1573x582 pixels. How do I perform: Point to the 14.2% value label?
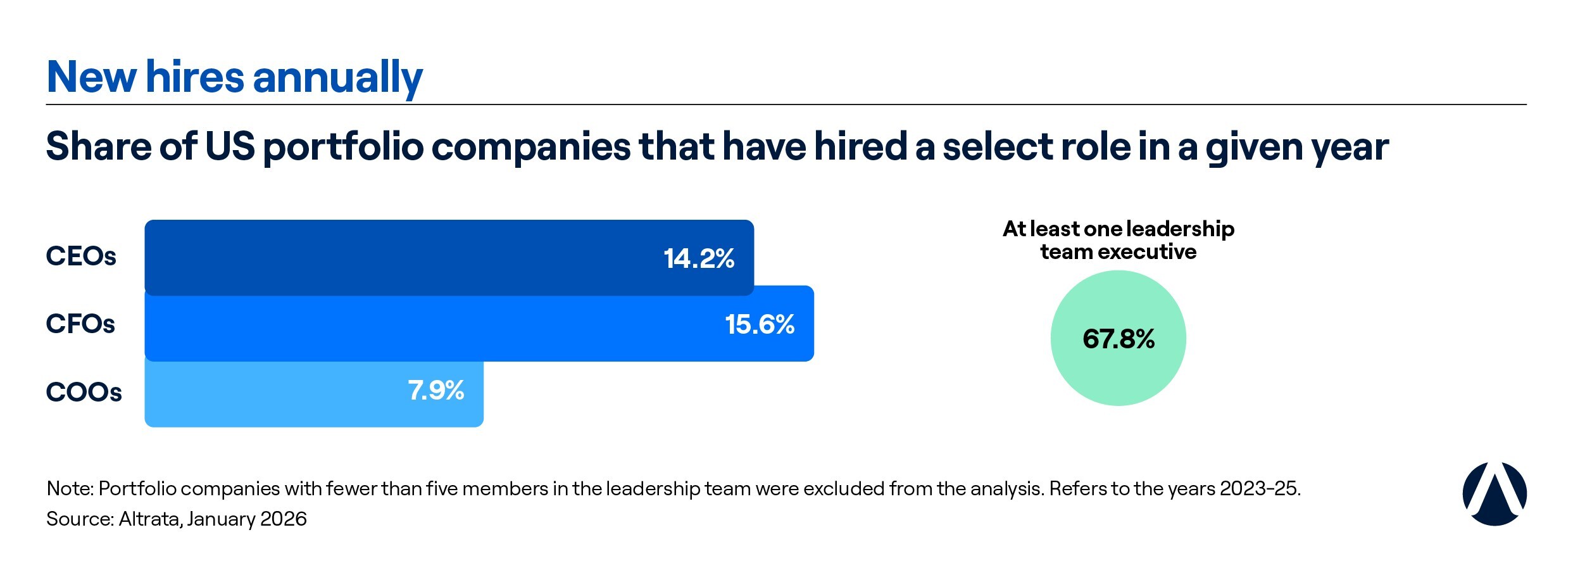tap(699, 258)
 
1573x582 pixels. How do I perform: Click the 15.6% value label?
tap(760, 324)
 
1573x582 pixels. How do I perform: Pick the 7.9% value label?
tap(436, 390)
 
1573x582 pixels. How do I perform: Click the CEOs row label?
tap(81, 256)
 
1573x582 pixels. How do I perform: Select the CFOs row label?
tap(80, 324)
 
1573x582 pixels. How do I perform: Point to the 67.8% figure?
tap(1119, 339)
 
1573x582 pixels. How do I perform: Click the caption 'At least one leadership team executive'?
tap(1119, 240)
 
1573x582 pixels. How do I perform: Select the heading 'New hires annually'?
tap(234, 77)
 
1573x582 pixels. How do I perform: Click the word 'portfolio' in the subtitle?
tap(342, 147)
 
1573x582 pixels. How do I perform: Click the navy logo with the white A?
tap(1495, 494)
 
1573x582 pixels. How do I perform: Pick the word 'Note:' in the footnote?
tap(70, 489)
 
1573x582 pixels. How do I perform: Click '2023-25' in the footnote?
tap(1259, 489)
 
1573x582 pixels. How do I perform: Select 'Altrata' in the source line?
tap(150, 519)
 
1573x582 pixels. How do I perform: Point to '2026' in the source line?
tap(283, 519)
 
